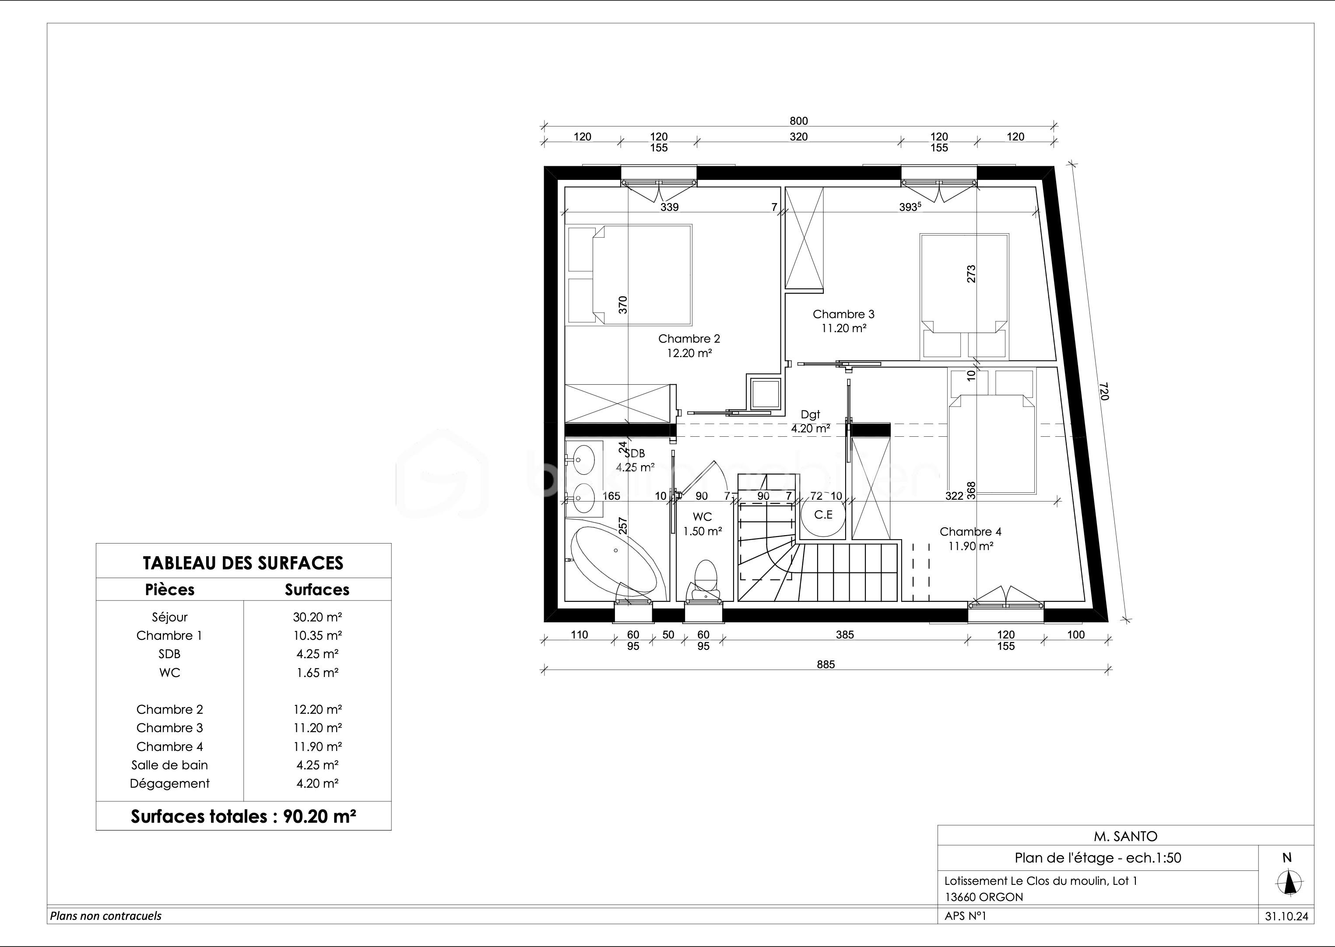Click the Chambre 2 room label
(689, 339)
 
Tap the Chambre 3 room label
(843, 314)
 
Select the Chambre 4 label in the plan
(970, 532)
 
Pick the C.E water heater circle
(823, 515)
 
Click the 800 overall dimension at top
(798, 121)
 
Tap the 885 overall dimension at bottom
(826, 664)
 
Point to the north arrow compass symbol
(1290, 883)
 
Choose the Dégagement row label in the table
(170, 784)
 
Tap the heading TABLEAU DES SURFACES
(243, 563)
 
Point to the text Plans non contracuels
(105, 916)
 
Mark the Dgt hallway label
(810, 414)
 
